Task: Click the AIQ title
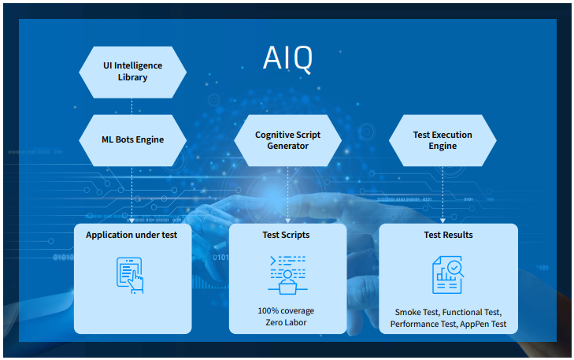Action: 287,58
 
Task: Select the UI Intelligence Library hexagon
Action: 132,72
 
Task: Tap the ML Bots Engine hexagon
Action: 132,139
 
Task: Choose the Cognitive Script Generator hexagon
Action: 287,139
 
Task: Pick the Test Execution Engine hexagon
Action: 443,139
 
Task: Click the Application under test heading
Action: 132,235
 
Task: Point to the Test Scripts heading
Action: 287,235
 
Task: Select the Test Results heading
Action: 448,235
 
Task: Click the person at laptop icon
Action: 287,274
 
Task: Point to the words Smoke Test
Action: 418,312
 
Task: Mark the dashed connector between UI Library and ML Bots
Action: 132,106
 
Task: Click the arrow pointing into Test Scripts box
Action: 287,220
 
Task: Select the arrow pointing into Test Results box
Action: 443,220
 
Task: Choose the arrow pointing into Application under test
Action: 132,220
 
